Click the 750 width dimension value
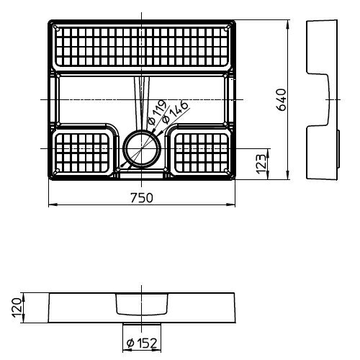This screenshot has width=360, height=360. pos(142,198)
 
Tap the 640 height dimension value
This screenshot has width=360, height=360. pos(282,99)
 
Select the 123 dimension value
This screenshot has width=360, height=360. pos(261,164)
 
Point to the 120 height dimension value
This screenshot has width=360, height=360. pos(17,308)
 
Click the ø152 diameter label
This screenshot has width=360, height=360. pos(142,343)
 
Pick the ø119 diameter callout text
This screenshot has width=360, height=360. pos(157,112)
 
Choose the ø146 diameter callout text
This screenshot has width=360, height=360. pos(174,112)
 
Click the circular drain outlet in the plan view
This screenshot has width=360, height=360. pos(142,149)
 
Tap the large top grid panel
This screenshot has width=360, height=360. pos(142,47)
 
